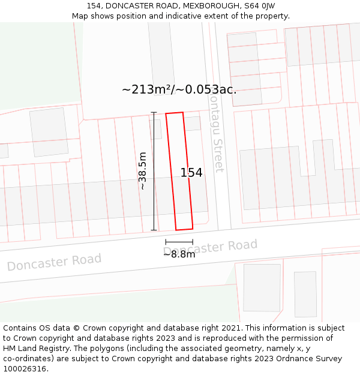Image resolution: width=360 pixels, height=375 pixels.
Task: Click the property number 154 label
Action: click(191, 173)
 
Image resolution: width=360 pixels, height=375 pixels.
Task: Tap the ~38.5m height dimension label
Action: click(143, 170)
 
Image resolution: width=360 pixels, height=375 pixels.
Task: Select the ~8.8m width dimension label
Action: click(179, 254)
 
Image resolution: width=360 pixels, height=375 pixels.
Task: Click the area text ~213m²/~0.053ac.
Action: click(179, 90)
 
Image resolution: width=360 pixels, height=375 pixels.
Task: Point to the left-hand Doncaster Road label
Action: click(54, 262)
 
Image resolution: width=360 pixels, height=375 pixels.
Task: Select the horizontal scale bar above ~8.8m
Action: click(179, 241)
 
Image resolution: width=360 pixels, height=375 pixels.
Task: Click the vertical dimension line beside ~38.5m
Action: click(154, 171)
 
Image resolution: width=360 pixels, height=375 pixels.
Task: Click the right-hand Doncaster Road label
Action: click(211, 247)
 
